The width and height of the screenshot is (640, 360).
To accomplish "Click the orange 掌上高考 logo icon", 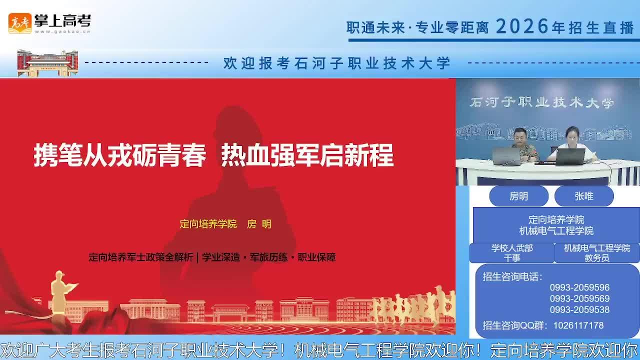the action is tap(19, 23).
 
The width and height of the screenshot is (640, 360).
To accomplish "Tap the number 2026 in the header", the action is tap(522, 26).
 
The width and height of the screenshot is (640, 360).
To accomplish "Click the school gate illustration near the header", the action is tap(47, 63).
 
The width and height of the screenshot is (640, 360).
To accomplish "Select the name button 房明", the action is tap(518, 196).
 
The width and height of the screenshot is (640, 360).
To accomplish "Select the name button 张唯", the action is tap(584, 196).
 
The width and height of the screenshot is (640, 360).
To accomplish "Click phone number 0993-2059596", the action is tap(579, 287).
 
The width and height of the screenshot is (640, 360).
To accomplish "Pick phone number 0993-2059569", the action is tap(579, 298).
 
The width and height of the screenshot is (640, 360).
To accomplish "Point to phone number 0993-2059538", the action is tap(579, 309).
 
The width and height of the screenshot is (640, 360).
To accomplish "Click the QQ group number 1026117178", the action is tap(578, 325).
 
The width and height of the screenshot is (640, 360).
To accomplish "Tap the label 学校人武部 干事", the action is tap(512, 253).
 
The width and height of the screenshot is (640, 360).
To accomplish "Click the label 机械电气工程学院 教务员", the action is tap(597, 253).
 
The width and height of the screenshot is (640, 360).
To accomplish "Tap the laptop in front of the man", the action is tap(506, 156).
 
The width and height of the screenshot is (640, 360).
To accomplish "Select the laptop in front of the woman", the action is tap(570, 156).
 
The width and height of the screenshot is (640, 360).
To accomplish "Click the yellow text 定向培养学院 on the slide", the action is tap(208, 224).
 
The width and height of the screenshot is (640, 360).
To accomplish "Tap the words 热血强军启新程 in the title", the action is tap(307, 155).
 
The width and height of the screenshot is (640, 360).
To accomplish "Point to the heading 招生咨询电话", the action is tap(512, 276).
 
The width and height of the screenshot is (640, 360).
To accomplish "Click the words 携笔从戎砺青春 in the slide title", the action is tap(119, 155).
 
